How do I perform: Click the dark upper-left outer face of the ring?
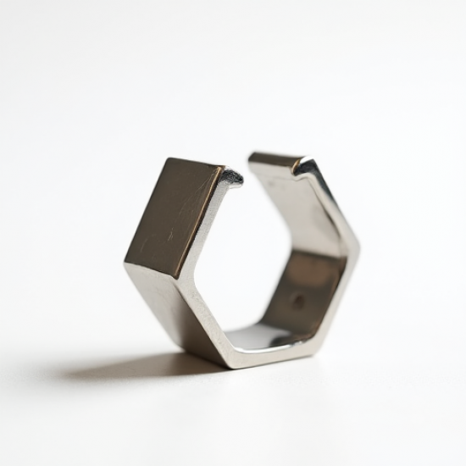(174, 216)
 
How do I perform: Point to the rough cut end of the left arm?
(230, 177)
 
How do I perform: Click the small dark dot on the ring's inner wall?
(297, 301)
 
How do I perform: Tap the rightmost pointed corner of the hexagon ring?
(358, 250)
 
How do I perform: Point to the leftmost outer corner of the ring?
(125, 264)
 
